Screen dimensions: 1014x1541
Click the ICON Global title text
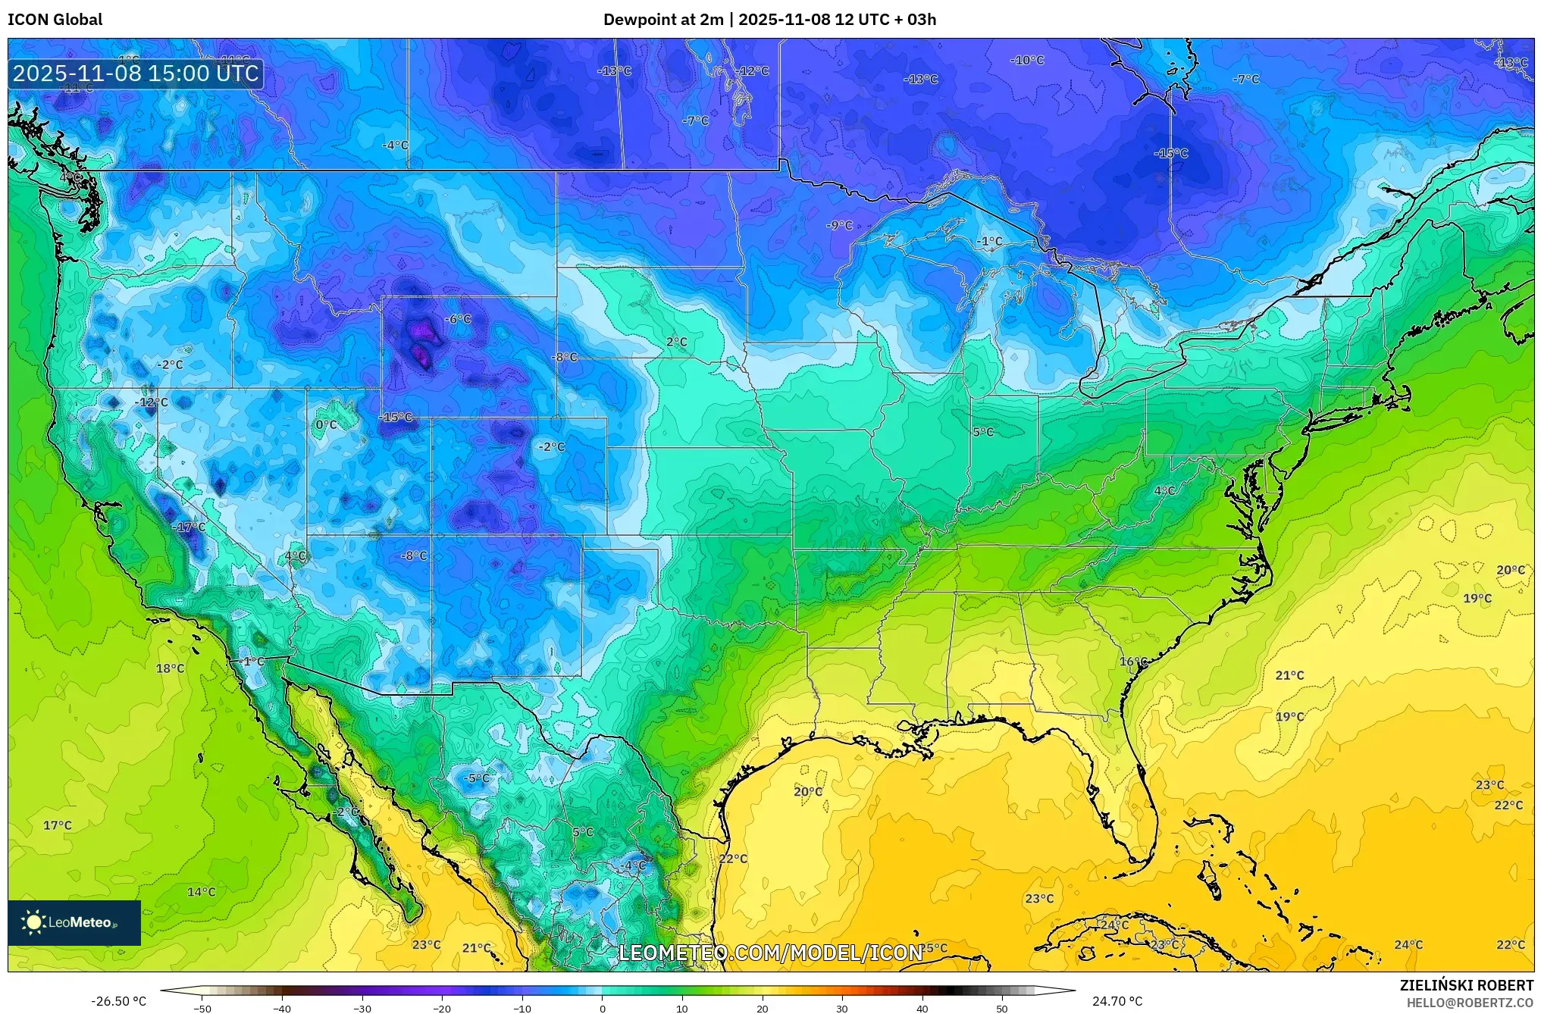(55, 20)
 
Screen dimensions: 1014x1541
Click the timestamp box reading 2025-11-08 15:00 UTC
(136, 74)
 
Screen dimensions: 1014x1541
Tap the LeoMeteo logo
(74, 922)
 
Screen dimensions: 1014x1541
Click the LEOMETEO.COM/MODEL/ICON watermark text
(770, 953)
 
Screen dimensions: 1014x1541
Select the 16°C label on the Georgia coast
(1133, 662)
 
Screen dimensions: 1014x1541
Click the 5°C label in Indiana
(983, 432)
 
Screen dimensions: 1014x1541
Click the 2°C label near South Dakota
(677, 342)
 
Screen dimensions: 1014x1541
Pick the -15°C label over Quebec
(1170, 153)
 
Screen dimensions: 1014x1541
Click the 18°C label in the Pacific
(170, 668)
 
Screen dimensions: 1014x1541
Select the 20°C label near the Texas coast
(807, 791)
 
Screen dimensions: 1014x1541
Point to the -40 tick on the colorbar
(282, 1009)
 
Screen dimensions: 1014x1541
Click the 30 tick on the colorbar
(841, 1009)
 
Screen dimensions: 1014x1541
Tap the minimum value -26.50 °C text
(118, 1001)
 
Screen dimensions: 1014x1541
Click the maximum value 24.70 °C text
(1117, 1001)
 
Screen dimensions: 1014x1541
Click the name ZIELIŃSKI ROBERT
(1466, 985)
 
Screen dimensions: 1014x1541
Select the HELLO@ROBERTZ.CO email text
(1470, 1003)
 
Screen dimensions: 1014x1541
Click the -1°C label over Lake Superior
(988, 241)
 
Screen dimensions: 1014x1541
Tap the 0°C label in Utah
(326, 424)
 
